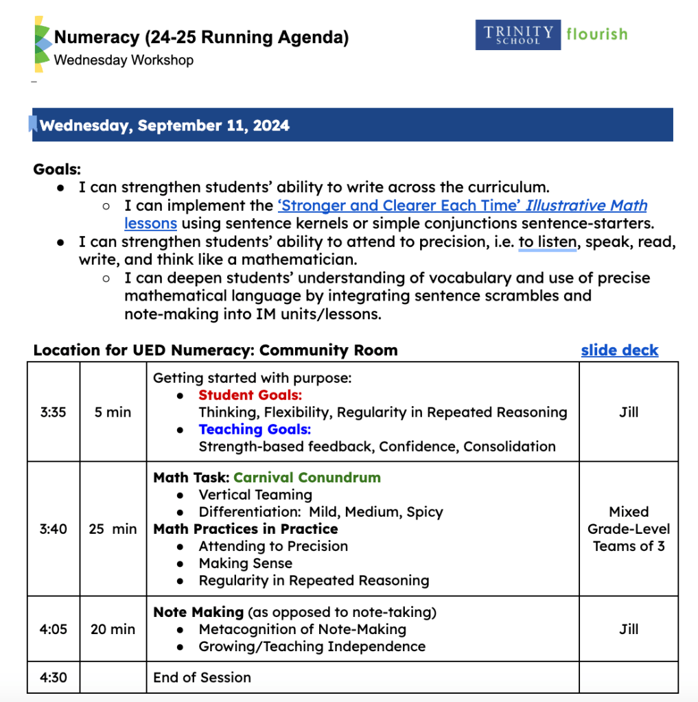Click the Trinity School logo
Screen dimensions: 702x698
click(x=517, y=34)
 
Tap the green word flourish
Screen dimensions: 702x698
click(x=596, y=34)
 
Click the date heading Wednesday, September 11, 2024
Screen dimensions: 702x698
click(x=165, y=126)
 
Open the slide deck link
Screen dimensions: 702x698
click(x=619, y=350)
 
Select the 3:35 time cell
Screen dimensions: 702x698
click(x=54, y=412)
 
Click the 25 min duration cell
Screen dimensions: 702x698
click(x=113, y=529)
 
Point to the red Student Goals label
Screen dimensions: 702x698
click(x=250, y=395)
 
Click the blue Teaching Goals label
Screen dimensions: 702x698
click(x=255, y=430)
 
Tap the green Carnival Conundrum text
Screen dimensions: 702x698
click(x=307, y=478)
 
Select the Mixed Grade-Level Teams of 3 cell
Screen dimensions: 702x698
click(x=629, y=529)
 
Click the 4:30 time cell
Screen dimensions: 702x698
click(x=54, y=677)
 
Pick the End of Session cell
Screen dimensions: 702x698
click(x=202, y=677)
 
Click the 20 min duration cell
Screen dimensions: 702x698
click(x=113, y=629)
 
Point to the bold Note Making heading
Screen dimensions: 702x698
click(x=198, y=612)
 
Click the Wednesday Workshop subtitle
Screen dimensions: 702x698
click(x=124, y=60)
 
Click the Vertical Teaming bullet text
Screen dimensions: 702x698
click(x=255, y=495)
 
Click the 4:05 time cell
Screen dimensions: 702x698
click(x=54, y=629)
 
